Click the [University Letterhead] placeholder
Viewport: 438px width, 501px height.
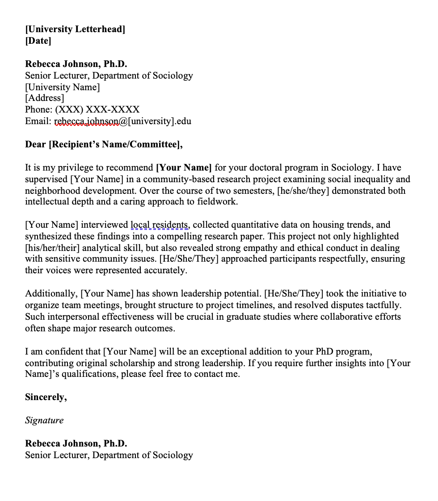click(x=75, y=29)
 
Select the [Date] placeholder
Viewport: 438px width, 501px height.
click(x=38, y=41)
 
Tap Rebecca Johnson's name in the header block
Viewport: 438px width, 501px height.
click(x=76, y=64)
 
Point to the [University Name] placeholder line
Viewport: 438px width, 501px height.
click(x=62, y=87)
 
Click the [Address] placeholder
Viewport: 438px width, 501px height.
click(x=45, y=98)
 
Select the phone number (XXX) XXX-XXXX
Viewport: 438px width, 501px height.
click(x=97, y=109)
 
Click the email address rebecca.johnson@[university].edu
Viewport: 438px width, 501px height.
click(x=122, y=121)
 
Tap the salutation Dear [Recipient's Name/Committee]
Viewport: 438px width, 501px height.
click(x=104, y=144)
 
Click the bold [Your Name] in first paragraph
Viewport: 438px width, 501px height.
click(x=183, y=168)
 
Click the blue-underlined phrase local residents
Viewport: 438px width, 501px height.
click(x=160, y=225)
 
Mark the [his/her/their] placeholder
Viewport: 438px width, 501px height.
click(x=55, y=248)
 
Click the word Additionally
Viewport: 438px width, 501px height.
click(x=51, y=294)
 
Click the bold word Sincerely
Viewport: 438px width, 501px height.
click(x=46, y=397)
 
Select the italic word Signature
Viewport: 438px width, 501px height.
click(x=44, y=421)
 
